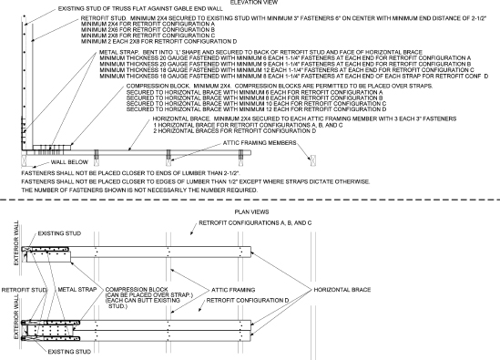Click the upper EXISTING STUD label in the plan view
69,232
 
